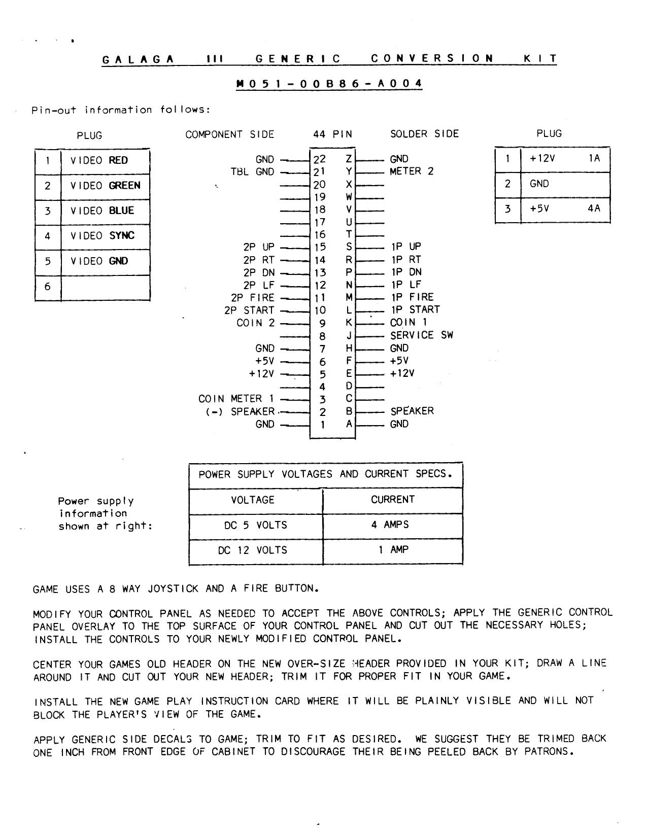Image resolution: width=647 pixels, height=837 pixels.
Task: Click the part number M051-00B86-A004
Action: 329,84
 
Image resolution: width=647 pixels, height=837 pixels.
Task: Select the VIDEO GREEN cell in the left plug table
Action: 105,186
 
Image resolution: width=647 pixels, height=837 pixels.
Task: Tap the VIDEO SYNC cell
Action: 105,236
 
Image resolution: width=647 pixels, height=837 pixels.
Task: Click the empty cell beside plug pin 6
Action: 105,287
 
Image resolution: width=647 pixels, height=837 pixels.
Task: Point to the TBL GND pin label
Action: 252,172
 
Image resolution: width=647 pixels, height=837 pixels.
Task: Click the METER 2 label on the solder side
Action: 412,171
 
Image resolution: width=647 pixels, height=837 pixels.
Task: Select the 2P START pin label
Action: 249,310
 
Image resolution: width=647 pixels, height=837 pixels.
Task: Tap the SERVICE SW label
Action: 421,335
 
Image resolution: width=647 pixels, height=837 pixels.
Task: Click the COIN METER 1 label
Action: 236,399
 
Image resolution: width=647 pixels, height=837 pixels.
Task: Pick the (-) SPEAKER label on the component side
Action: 240,411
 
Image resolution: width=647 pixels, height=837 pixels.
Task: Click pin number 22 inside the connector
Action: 320,159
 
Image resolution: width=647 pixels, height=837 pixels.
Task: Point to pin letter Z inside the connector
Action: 349,159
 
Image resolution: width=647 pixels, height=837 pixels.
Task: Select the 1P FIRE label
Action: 412,297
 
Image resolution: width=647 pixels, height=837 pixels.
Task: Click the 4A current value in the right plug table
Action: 594,208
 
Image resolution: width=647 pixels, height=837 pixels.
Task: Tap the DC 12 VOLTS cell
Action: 253,550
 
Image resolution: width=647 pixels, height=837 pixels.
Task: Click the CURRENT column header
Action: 392,500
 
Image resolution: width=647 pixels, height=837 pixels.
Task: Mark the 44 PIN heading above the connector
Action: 332,134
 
